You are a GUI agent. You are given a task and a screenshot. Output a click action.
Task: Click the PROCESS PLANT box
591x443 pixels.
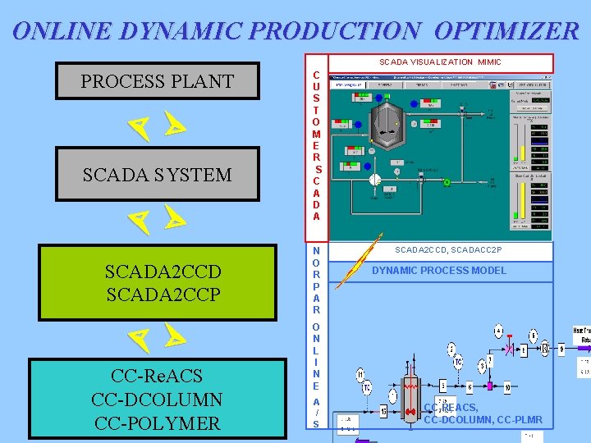[x=157, y=81]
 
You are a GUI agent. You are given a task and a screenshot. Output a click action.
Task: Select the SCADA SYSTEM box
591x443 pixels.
[x=157, y=174]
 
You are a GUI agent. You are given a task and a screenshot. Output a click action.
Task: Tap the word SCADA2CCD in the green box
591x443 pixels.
[x=163, y=272]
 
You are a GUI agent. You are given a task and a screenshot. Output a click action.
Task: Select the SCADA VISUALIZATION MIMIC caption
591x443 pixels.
[x=439, y=62]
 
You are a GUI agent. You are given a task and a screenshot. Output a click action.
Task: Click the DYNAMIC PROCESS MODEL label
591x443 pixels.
[x=439, y=271]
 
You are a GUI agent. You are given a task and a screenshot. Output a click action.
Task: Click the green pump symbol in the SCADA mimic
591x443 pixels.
[x=447, y=182]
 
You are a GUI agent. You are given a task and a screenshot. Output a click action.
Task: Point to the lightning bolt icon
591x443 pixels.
[x=349, y=267]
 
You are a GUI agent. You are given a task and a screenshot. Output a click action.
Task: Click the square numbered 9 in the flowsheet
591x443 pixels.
[x=561, y=349]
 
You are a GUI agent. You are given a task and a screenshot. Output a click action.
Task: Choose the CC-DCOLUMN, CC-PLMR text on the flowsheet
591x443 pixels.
[x=483, y=420]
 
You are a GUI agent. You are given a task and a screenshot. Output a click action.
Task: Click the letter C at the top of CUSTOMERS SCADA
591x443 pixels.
[x=316, y=75]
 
